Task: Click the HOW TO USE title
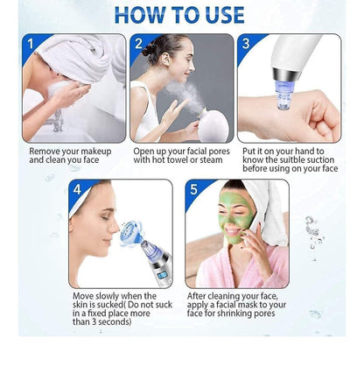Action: (x=179, y=15)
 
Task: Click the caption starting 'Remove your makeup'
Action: (x=73, y=155)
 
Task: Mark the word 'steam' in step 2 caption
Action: (x=217, y=160)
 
